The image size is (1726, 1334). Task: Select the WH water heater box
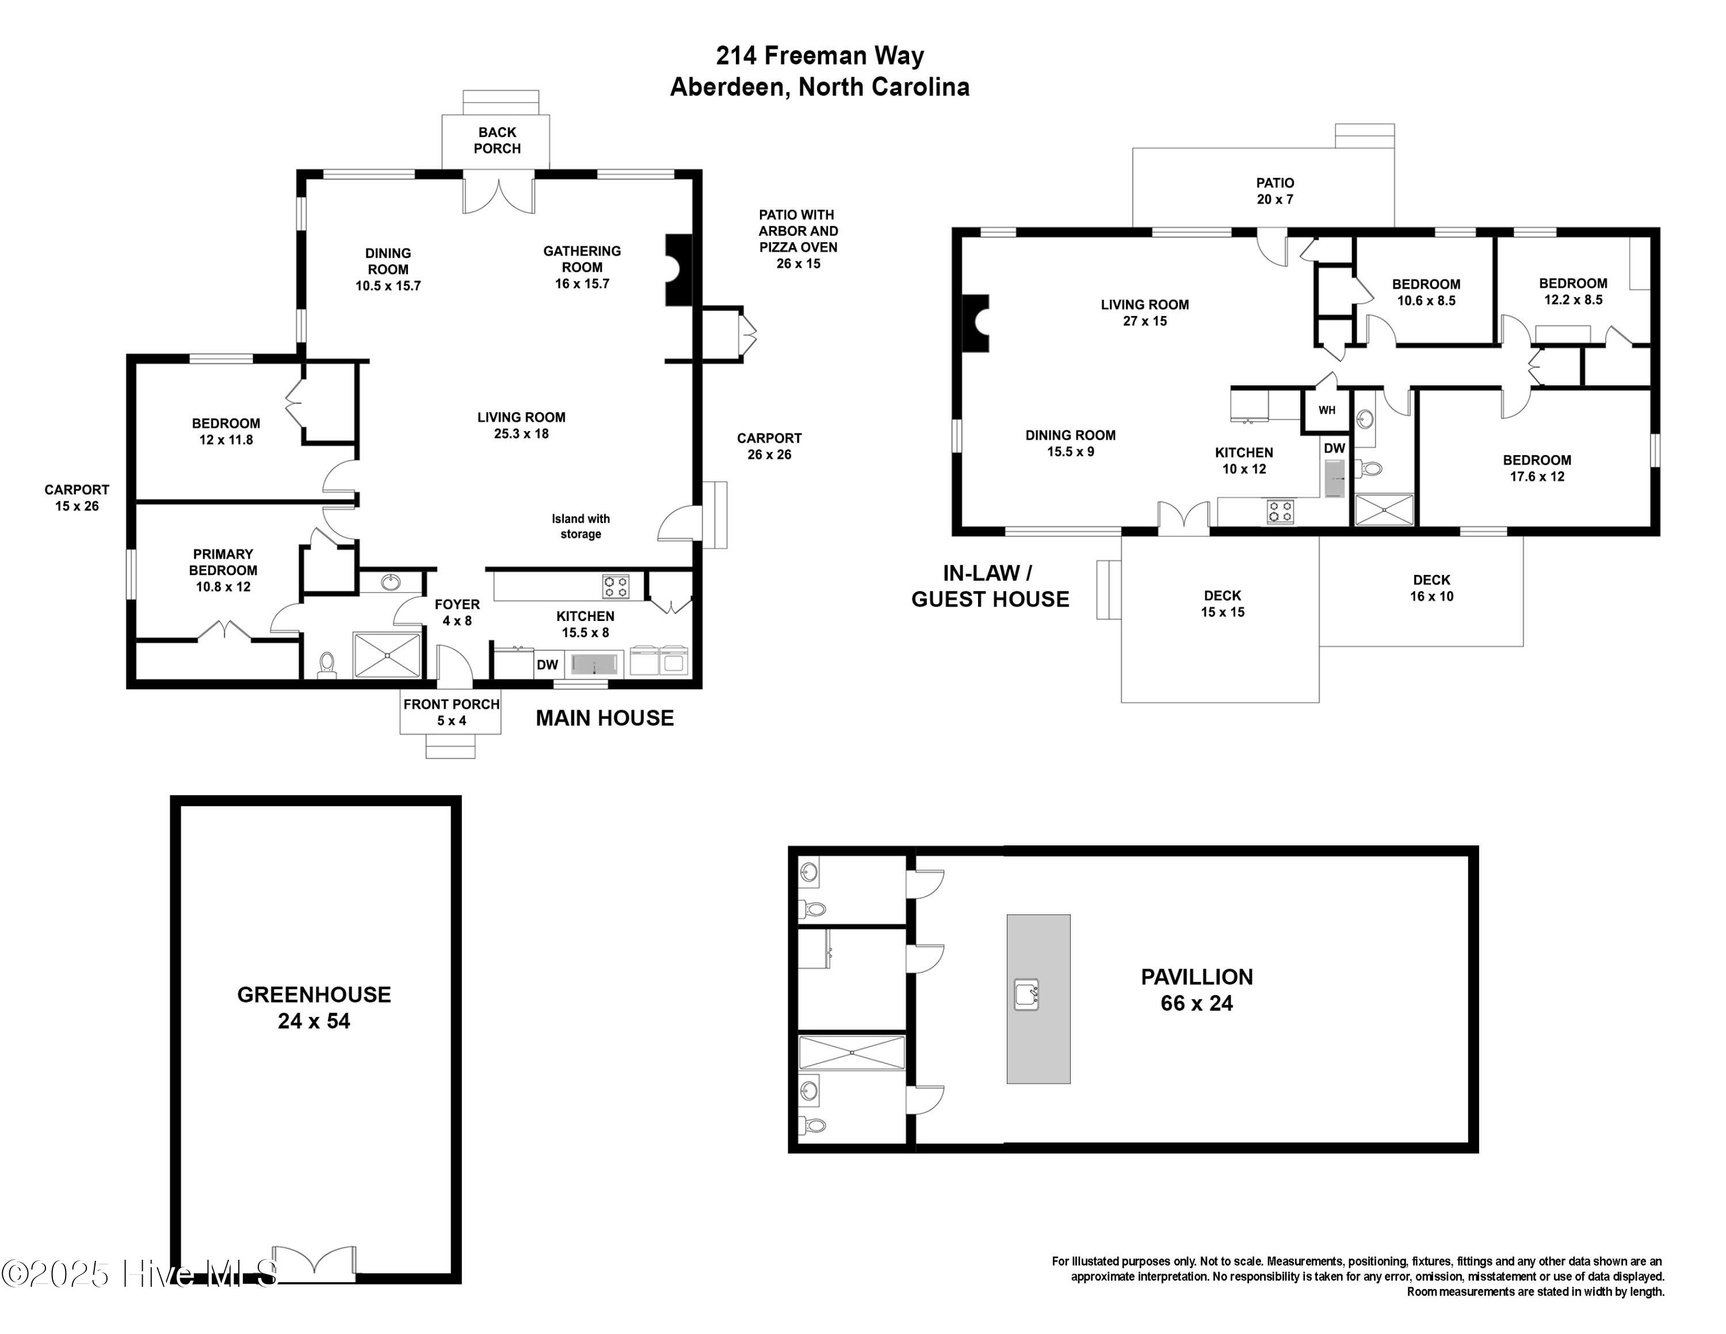pyautogui.click(x=1326, y=410)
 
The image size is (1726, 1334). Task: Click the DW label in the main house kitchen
pyautogui.click(x=547, y=665)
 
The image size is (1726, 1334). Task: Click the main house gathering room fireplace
pyautogui.click(x=677, y=269)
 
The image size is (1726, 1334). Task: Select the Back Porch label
pyautogui.click(x=497, y=140)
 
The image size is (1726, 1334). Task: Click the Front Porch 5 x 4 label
pyautogui.click(x=451, y=712)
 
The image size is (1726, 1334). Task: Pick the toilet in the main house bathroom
pyautogui.click(x=326, y=665)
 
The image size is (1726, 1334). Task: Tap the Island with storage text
pyautogui.click(x=581, y=527)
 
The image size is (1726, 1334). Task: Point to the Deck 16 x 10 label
pyautogui.click(x=1431, y=588)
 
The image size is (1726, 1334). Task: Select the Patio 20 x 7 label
pyautogui.click(x=1275, y=191)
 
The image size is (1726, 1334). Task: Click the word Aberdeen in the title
pyautogui.click(x=727, y=87)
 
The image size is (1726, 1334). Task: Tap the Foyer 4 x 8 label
pyautogui.click(x=457, y=612)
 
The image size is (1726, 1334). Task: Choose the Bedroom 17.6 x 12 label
pyautogui.click(x=1536, y=468)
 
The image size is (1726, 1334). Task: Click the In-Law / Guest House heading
pyautogui.click(x=990, y=586)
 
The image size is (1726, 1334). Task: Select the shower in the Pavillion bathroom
pyautogui.click(x=851, y=1053)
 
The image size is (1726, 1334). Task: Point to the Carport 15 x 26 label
pyautogui.click(x=77, y=498)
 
